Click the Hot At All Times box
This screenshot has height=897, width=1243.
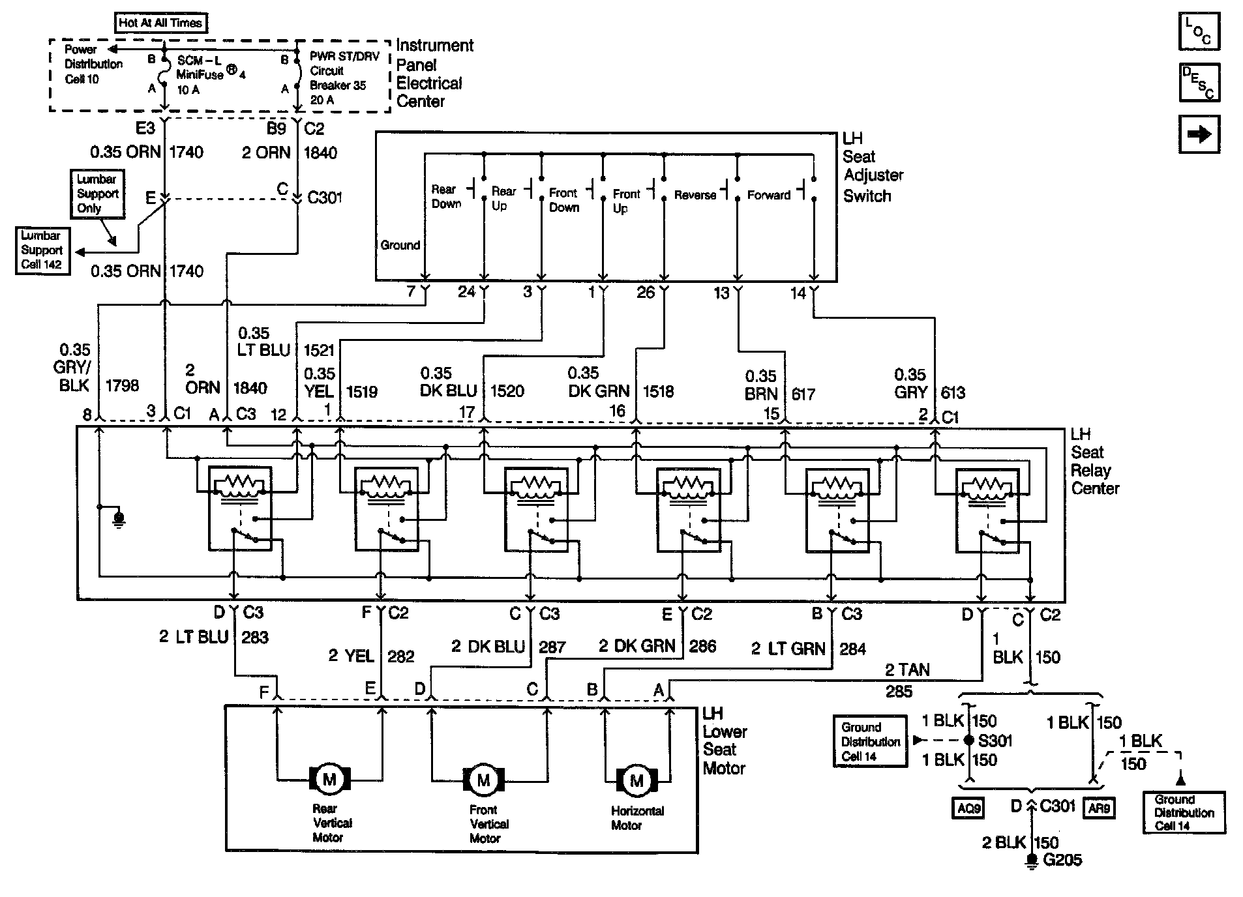click(x=160, y=23)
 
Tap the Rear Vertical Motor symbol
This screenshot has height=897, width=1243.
click(x=329, y=779)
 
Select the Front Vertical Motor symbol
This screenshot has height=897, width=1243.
click(x=483, y=780)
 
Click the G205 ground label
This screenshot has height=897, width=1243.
click(x=1062, y=860)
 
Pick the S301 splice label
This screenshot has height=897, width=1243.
click(x=995, y=741)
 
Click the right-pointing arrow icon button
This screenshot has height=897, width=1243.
click(x=1199, y=134)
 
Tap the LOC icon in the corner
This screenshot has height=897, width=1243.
click(x=1199, y=31)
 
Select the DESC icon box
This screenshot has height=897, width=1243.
click(x=1199, y=83)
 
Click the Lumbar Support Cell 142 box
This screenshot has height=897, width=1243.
click(x=42, y=250)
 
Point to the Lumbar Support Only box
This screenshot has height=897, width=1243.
click(x=97, y=194)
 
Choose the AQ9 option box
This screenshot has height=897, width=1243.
click(x=968, y=808)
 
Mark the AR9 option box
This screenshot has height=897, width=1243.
click(x=1099, y=808)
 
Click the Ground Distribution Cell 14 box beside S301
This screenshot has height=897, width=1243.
click(x=870, y=742)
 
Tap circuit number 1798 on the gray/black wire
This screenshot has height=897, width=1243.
click(x=122, y=386)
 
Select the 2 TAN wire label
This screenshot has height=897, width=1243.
click(x=907, y=670)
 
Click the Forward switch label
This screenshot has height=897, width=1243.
click(x=768, y=195)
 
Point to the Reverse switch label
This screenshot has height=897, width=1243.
click(x=695, y=195)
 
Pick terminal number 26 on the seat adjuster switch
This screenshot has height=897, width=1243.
click(x=645, y=293)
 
